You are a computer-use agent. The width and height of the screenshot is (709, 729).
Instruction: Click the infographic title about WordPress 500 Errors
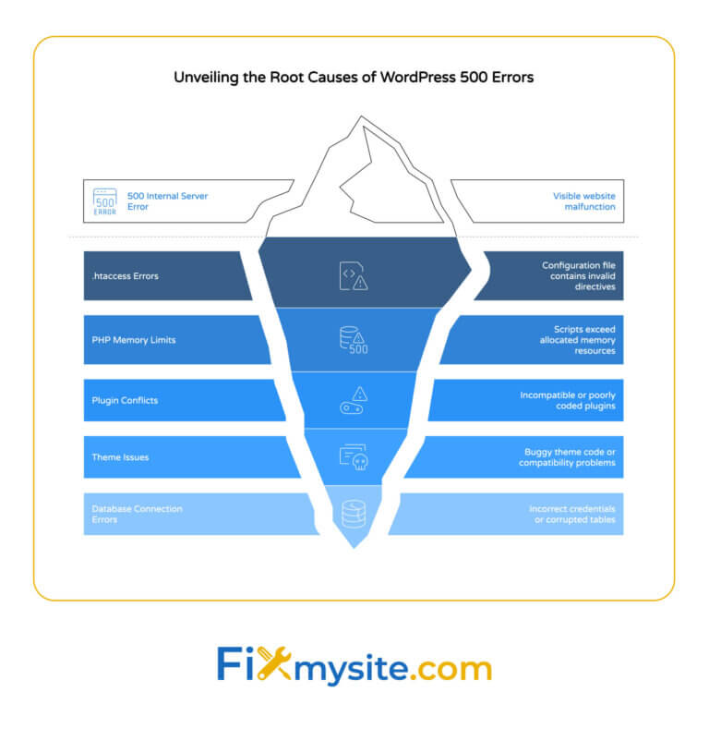[x=354, y=78]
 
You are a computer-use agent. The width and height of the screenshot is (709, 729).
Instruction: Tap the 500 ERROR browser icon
[x=105, y=200]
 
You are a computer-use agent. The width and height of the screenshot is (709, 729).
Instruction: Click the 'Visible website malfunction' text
[x=583, y=201]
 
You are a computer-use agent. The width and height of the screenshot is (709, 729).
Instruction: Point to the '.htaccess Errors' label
[x=125, y=276]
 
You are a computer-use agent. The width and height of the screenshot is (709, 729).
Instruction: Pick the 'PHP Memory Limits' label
[x=133, y=340]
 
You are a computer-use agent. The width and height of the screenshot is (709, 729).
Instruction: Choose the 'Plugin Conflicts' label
[x=126, y=400]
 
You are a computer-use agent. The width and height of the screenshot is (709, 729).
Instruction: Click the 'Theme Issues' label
[x=120, y=457]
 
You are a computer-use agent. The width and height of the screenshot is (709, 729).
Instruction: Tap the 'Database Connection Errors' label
[x=137, y=515]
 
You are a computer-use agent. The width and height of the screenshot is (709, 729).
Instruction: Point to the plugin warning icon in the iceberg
[x=354, y=399]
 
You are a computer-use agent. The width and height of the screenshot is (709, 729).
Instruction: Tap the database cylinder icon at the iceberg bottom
[x=354, y=514]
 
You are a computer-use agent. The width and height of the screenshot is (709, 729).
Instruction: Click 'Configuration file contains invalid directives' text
[x=578, y=276]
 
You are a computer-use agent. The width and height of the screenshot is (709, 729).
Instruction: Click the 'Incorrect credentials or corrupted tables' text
[x=572, y=515]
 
